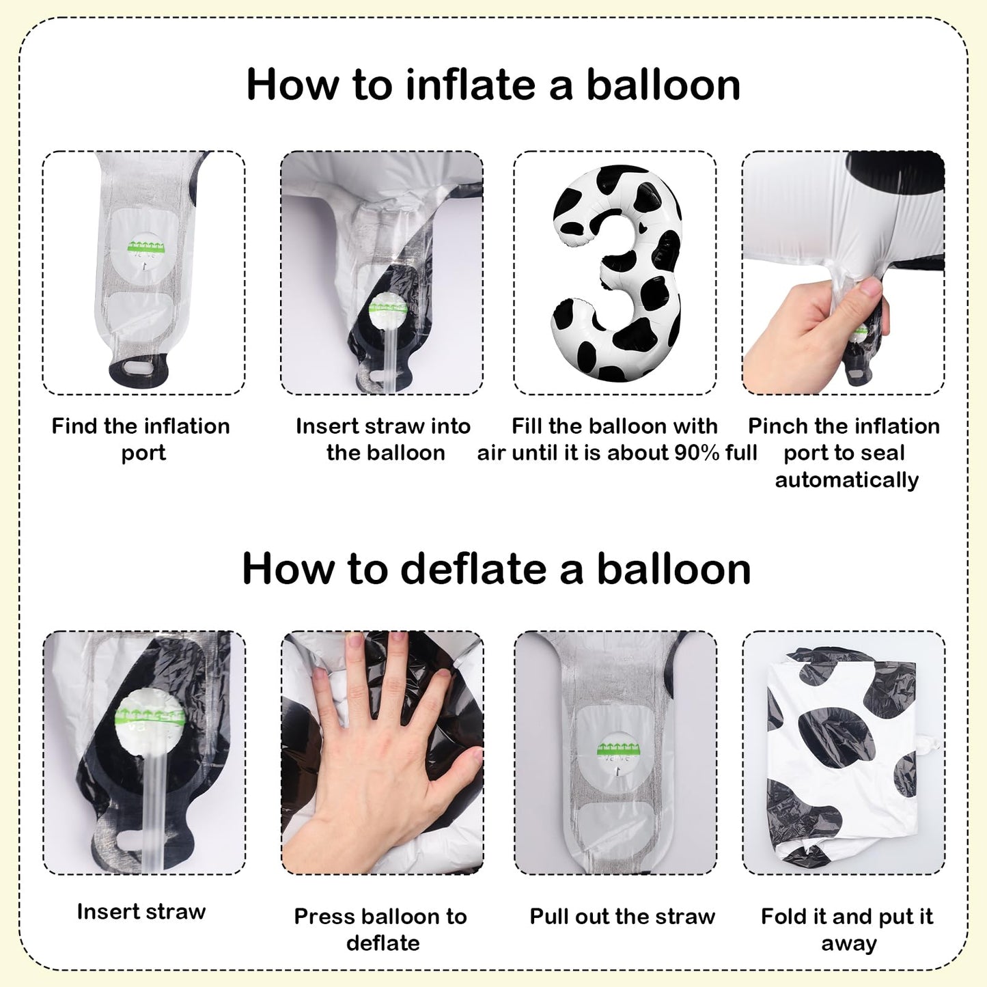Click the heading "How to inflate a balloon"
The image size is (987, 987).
click(493, 85)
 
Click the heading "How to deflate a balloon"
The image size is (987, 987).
click(496, 568)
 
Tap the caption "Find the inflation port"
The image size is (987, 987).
click(141, 439)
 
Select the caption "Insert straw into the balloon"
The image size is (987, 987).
click(384, 439)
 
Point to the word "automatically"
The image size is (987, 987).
click(847, 480)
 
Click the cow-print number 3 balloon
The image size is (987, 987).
click(616, 273)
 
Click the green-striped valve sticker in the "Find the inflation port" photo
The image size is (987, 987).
click(146, 246)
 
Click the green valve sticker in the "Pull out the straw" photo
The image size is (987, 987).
click(617, 749)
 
